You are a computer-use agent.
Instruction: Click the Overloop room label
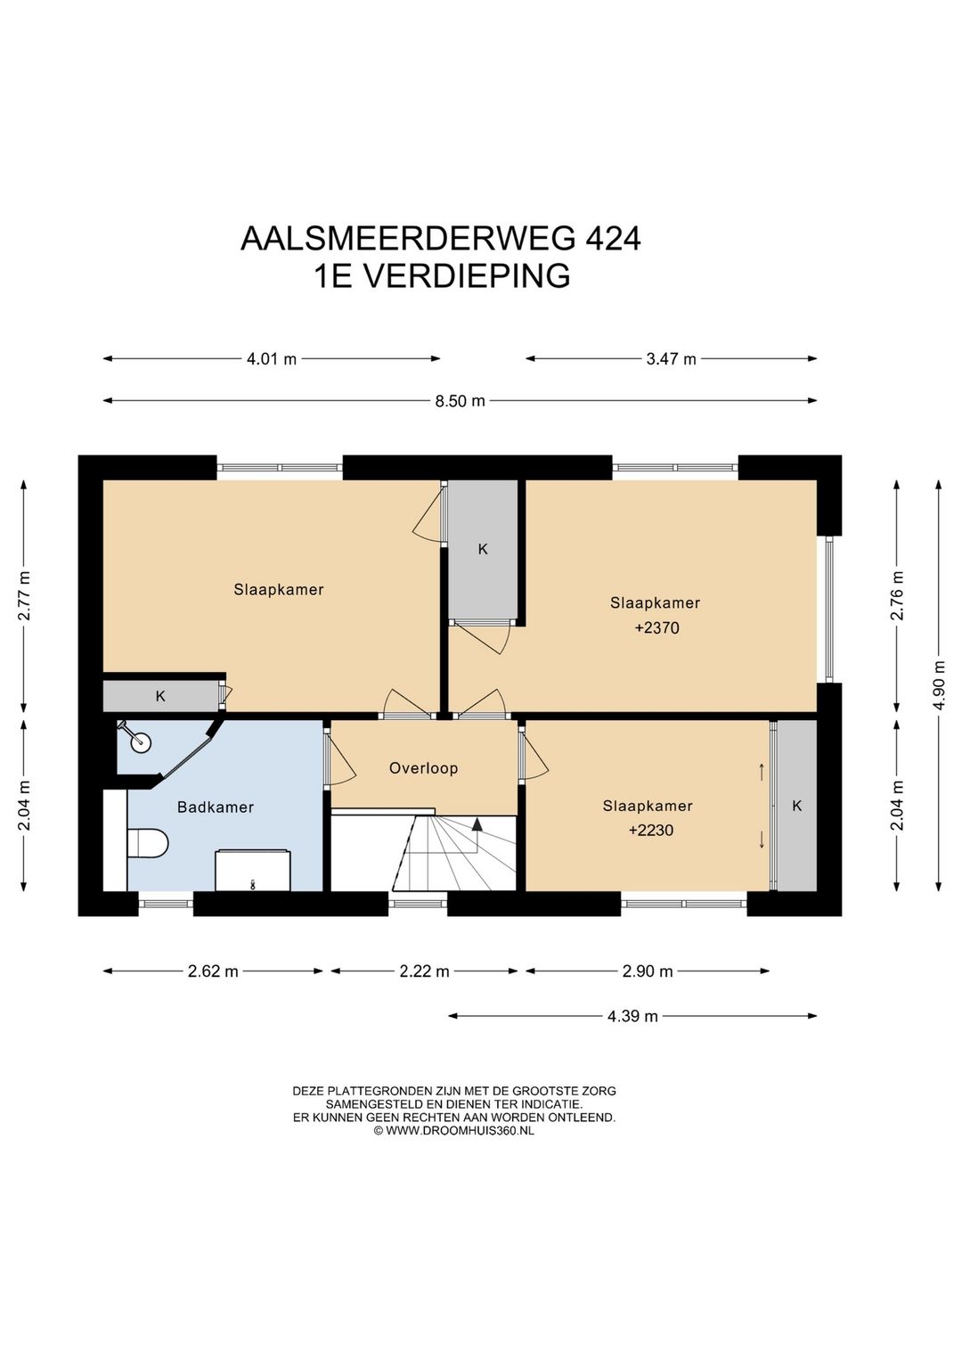(423, 768)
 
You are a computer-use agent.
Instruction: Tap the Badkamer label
(216, 807)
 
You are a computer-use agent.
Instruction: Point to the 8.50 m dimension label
(460, 401)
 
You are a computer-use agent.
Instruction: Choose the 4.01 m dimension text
(272, 359)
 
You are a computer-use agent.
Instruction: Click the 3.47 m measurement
(671, 359)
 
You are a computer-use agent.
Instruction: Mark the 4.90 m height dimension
(940, 684)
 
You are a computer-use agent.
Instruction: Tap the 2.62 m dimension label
(213, 971)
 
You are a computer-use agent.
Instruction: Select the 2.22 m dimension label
(424, 971)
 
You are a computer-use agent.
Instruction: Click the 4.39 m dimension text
(632, 1016)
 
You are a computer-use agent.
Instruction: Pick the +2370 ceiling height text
(656, 627)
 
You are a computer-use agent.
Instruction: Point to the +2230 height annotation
(650, 830)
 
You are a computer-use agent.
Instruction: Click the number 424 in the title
(613, 239)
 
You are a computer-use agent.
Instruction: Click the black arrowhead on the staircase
(477, 823)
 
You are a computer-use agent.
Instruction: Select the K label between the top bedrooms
(483, 550)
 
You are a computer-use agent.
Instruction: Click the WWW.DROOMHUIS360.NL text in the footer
(460, 1130)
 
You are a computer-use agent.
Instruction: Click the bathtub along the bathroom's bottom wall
(252, 871)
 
